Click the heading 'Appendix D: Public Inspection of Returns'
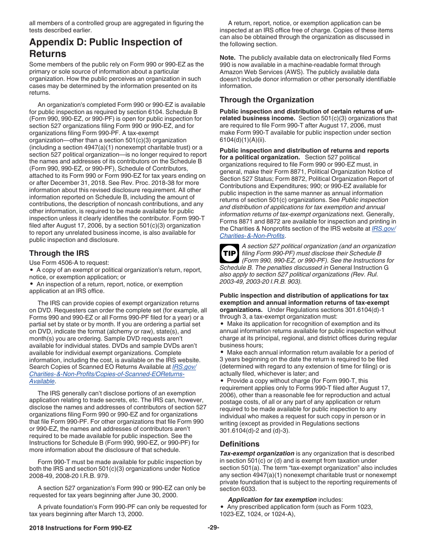106,48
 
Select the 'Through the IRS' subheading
59,253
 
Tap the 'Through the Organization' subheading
267,100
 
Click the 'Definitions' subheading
240,444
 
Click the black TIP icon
229,253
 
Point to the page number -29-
213,527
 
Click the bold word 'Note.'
227,57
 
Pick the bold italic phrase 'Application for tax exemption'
272,499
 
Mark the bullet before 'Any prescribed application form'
222,507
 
